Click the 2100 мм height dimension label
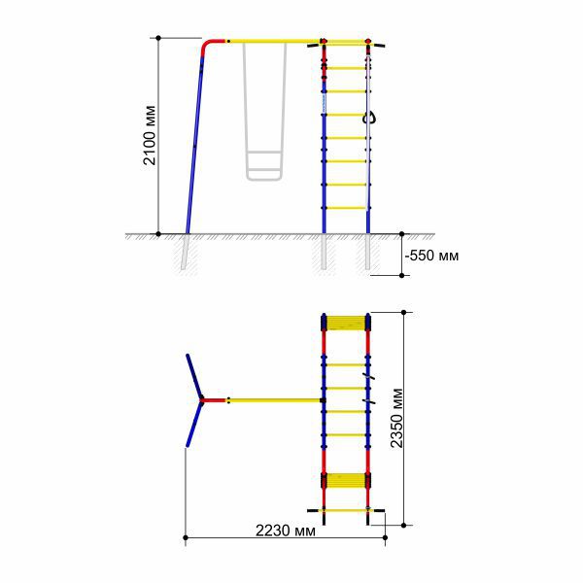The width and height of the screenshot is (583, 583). [x=150, y=135]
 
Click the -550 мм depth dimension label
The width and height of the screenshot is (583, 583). [x=431, y=256]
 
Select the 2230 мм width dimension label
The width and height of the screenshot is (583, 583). [x=285, y=531]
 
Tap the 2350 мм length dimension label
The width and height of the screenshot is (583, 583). [x=396, y=418]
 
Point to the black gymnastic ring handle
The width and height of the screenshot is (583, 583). [x=369, y=119]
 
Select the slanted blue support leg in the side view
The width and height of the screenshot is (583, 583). [x=195, y=145]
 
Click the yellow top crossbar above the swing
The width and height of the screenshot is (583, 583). [x=273, y=41]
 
